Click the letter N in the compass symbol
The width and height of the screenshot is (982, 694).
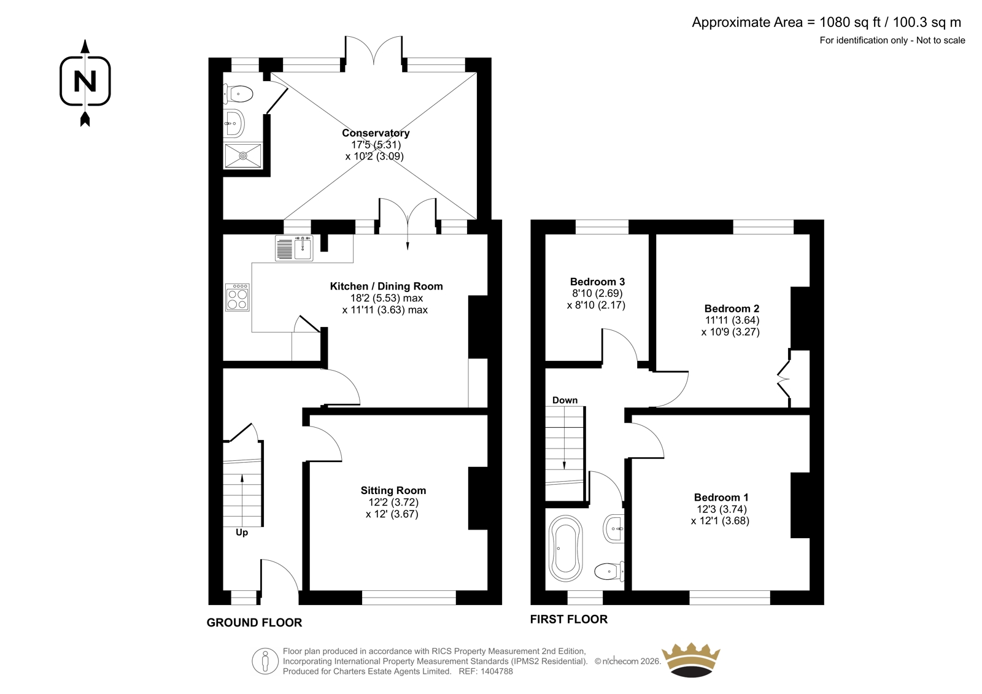pyautogui.click(x=85, y=82)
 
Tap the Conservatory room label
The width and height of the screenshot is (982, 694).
pyautogui.click(x=376, y=133)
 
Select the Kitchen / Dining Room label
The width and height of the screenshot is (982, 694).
pyautogui.click(x=386, y=287)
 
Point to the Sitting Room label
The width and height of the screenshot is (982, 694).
pyautogui.click(x=393, y=490)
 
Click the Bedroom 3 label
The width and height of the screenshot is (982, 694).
pyautogui.click(x=597, y=282)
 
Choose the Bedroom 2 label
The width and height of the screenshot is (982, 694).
pyautogui.click(x=732, y=308)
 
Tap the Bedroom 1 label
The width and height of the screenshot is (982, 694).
pyautogui.click(x=721, y=497)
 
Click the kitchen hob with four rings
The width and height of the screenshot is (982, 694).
pyautogui.click(x=238, y=298)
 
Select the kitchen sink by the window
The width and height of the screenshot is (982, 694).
pyautogui.click(x=294, y=248)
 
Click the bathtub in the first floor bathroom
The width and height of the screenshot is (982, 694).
pyautogui.click(x=565, y=549)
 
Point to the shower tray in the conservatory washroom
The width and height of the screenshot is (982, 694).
pyautogui.click(x=243, y=156)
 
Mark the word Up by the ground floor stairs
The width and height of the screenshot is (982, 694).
pyautogui.click(x=242, y=533)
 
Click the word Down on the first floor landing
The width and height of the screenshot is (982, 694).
pyautogui.click(x=565, y=400)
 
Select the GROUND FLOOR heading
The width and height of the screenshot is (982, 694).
pyautogui.click(x=254, y=623)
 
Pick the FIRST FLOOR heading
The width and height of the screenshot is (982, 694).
pyautogui.click(x=569, y=619)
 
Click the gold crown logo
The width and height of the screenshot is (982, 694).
pyautogui.click(x=691, y=660)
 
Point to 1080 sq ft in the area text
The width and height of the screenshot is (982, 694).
pyautogui.click(x=843, y=22)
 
